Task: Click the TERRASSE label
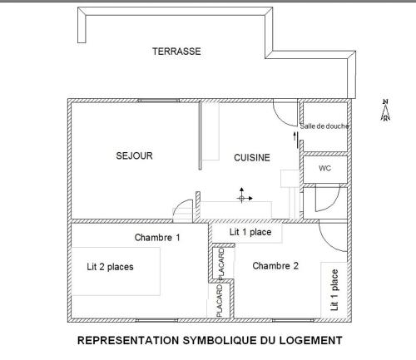[176, 52]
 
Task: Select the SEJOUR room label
[134, 155]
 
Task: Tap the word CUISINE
[251, 157]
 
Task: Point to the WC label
[324, 168]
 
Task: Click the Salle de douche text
[324, 126]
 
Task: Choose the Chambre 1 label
[157, 238]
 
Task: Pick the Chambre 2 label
[275, 266]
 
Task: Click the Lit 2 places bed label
[110, 267]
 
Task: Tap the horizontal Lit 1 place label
[250, 233]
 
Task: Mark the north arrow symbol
[385, 111]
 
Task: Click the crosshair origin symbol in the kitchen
[243, 197]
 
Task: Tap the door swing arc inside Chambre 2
[333, 241]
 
